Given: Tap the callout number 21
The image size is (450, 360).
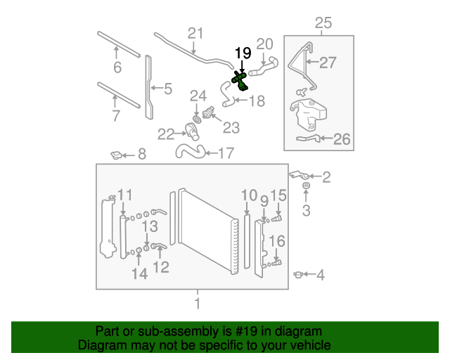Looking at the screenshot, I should pyautogui.click(x=195, y=33).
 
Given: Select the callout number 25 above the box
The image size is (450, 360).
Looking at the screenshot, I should pyautogui.click(x=323, y=23).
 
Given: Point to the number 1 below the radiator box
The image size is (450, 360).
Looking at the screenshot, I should pyautogui.click(x=198, y=304).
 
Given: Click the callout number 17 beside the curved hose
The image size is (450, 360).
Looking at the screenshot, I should pyautogui.click(x=225, y=153).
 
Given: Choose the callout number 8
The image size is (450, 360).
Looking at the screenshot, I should pyautogui.click(x=141, y=155).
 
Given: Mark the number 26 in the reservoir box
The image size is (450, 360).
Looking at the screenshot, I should pyautogui.click(x=341, y=139).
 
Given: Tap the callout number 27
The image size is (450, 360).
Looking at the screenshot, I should pyautogui.click(x=328, y=63).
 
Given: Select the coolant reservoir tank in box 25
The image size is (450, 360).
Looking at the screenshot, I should pyautogui.click(x=308, y=114).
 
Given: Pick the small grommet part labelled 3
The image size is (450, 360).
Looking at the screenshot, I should pyautogui.click(x=307, y=186).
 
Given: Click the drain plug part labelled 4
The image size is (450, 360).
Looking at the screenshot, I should pyautogui.click(x=299, y=274).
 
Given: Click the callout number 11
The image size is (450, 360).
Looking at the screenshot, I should pyautogui.click(x=124, y=195).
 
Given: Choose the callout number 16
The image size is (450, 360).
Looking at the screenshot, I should pyautogui.click(x=278, y=242).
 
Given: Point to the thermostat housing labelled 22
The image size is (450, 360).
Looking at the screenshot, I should pyautogui.click(x=189, y=131).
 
